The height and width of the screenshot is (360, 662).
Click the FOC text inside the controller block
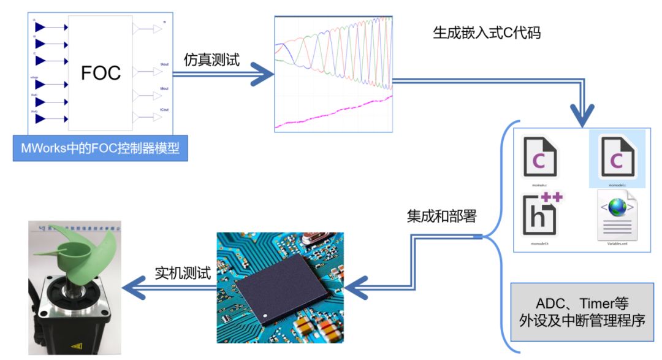point(101,72)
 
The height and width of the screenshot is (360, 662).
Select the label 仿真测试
point(212,60)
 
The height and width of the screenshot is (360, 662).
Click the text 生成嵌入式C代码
point(487,33)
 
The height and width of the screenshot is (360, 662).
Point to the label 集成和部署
point(441,216)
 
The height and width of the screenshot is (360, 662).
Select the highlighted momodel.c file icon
point(617,157)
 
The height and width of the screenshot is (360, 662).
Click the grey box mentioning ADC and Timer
point(582,312)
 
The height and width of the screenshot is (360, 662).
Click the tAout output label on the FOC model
point(164,64)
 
